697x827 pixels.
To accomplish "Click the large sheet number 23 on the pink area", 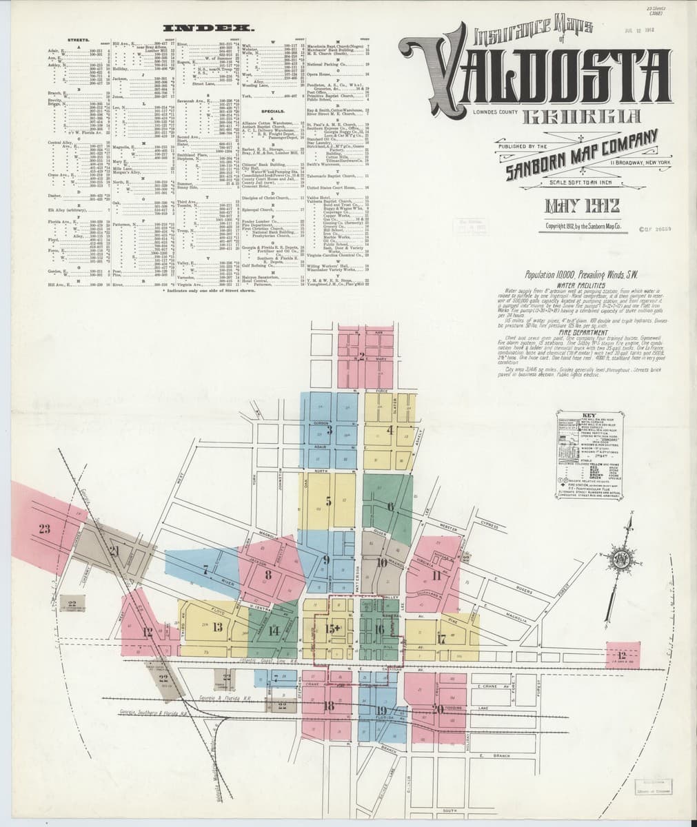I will [45, 529].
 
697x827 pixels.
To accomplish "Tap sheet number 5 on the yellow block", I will [329, 501].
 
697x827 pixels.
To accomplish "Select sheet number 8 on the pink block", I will [268, 573].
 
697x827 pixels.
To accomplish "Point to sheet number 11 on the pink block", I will [436, 575].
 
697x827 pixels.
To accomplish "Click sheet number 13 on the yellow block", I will [218, 626].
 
